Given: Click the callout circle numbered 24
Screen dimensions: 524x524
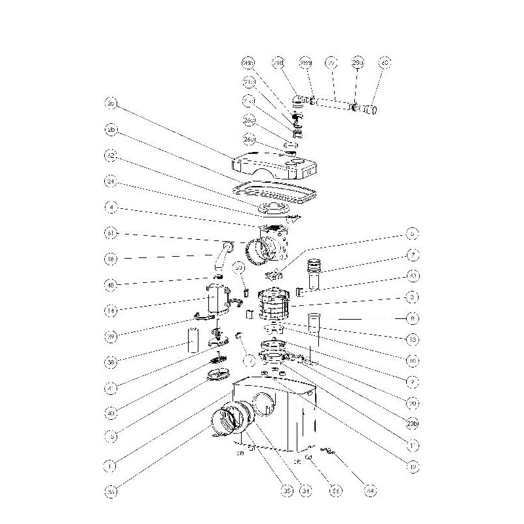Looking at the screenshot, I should click(x=111, y=182).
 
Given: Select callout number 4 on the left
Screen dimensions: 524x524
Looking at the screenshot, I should click(x=111, y=208).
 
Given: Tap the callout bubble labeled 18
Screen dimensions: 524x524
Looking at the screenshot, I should click(x=111, y=259).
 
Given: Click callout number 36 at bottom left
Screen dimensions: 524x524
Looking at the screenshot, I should click(x=111, y=490).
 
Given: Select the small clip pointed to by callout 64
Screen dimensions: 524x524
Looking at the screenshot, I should click(x=328, y=450).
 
